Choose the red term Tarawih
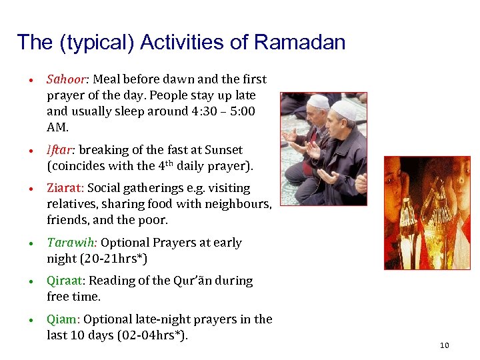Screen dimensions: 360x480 pos(70,243)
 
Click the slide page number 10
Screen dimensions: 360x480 pos(445,345)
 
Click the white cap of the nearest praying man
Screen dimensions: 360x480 pos(344,109)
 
